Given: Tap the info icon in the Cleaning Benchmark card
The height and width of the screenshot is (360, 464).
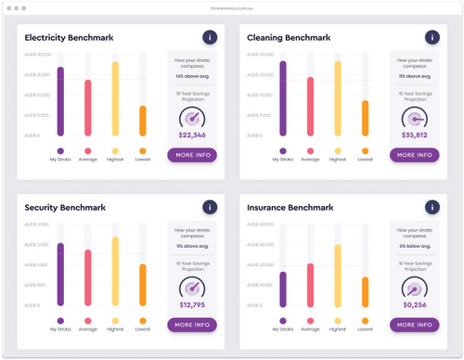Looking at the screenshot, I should [x=432, y=37].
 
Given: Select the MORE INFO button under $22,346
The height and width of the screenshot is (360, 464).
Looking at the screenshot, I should [x=192, y=155].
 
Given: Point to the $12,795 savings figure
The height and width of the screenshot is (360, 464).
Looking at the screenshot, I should [x=192, y=304].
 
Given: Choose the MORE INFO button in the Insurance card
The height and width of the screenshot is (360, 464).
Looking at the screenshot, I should [x=414, y=325].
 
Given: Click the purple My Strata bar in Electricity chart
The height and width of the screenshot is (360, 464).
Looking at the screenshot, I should [x=60, y=102].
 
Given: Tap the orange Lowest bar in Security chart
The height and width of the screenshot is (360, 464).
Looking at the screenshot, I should [x=143, y=285].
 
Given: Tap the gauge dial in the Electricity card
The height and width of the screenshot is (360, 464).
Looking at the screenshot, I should [x=192, y=118].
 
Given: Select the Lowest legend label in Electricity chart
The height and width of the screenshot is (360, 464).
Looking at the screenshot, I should [x=143, y=160].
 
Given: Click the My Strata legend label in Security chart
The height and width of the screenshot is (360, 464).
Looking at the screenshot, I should [x=60, y=328].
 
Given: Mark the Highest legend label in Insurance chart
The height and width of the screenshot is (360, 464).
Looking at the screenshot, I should [x=337, y=328].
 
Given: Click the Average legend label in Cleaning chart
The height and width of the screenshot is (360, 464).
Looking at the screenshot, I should [x=310, y=160].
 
